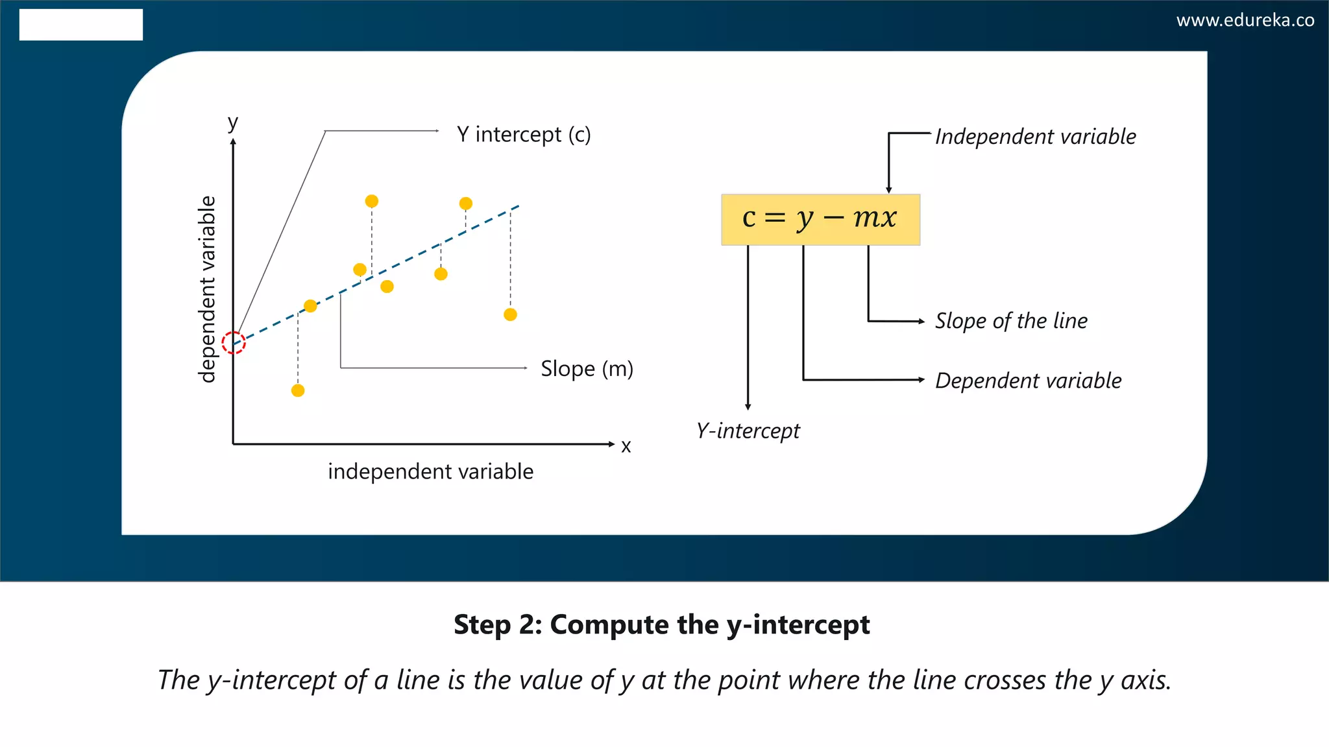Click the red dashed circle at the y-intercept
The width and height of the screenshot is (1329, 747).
234,342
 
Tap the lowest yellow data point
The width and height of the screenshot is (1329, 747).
298,390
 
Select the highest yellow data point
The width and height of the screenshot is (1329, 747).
372,201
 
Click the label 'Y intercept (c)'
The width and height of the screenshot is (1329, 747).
524,134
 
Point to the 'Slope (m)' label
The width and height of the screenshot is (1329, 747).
587,368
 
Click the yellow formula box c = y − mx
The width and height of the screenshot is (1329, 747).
820,219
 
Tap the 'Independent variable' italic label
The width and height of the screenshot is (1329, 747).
1035,137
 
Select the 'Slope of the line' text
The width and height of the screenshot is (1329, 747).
1011,321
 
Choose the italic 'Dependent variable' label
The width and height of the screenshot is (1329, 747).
1028,381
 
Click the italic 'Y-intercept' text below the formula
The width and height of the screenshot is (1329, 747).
748,431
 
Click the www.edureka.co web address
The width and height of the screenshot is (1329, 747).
1245,20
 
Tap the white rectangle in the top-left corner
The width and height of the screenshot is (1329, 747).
81,25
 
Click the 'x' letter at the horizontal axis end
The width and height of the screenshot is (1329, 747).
626,446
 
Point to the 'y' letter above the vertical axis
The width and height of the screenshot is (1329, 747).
232,122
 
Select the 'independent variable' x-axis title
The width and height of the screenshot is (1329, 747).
430,471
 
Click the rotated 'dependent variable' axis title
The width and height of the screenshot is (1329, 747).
206,289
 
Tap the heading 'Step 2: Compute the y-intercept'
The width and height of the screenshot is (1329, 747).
661,624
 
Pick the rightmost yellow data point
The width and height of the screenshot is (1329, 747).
510,314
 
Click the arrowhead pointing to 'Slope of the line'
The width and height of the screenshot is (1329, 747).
921,321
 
